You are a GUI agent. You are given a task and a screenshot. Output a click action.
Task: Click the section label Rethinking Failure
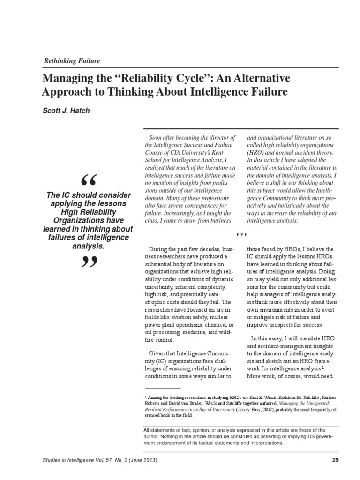72,61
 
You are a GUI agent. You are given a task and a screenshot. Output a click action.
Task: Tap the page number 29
335,460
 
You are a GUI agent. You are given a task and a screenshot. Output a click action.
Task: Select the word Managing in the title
68,77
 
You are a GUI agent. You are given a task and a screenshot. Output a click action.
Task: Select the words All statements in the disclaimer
160,429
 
